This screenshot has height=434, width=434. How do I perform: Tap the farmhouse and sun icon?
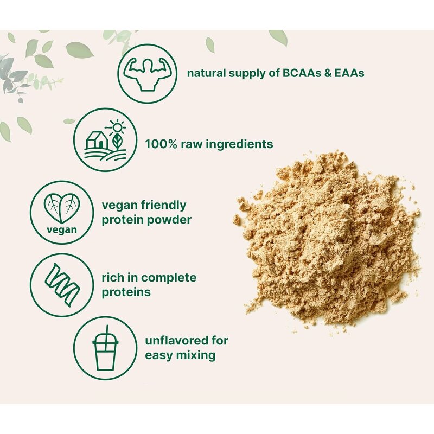(106, 139)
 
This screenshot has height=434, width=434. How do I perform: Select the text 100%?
(160, 144)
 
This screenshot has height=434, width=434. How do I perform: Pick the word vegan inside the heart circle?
(61, 229)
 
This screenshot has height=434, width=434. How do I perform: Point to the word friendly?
(162, 206)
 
